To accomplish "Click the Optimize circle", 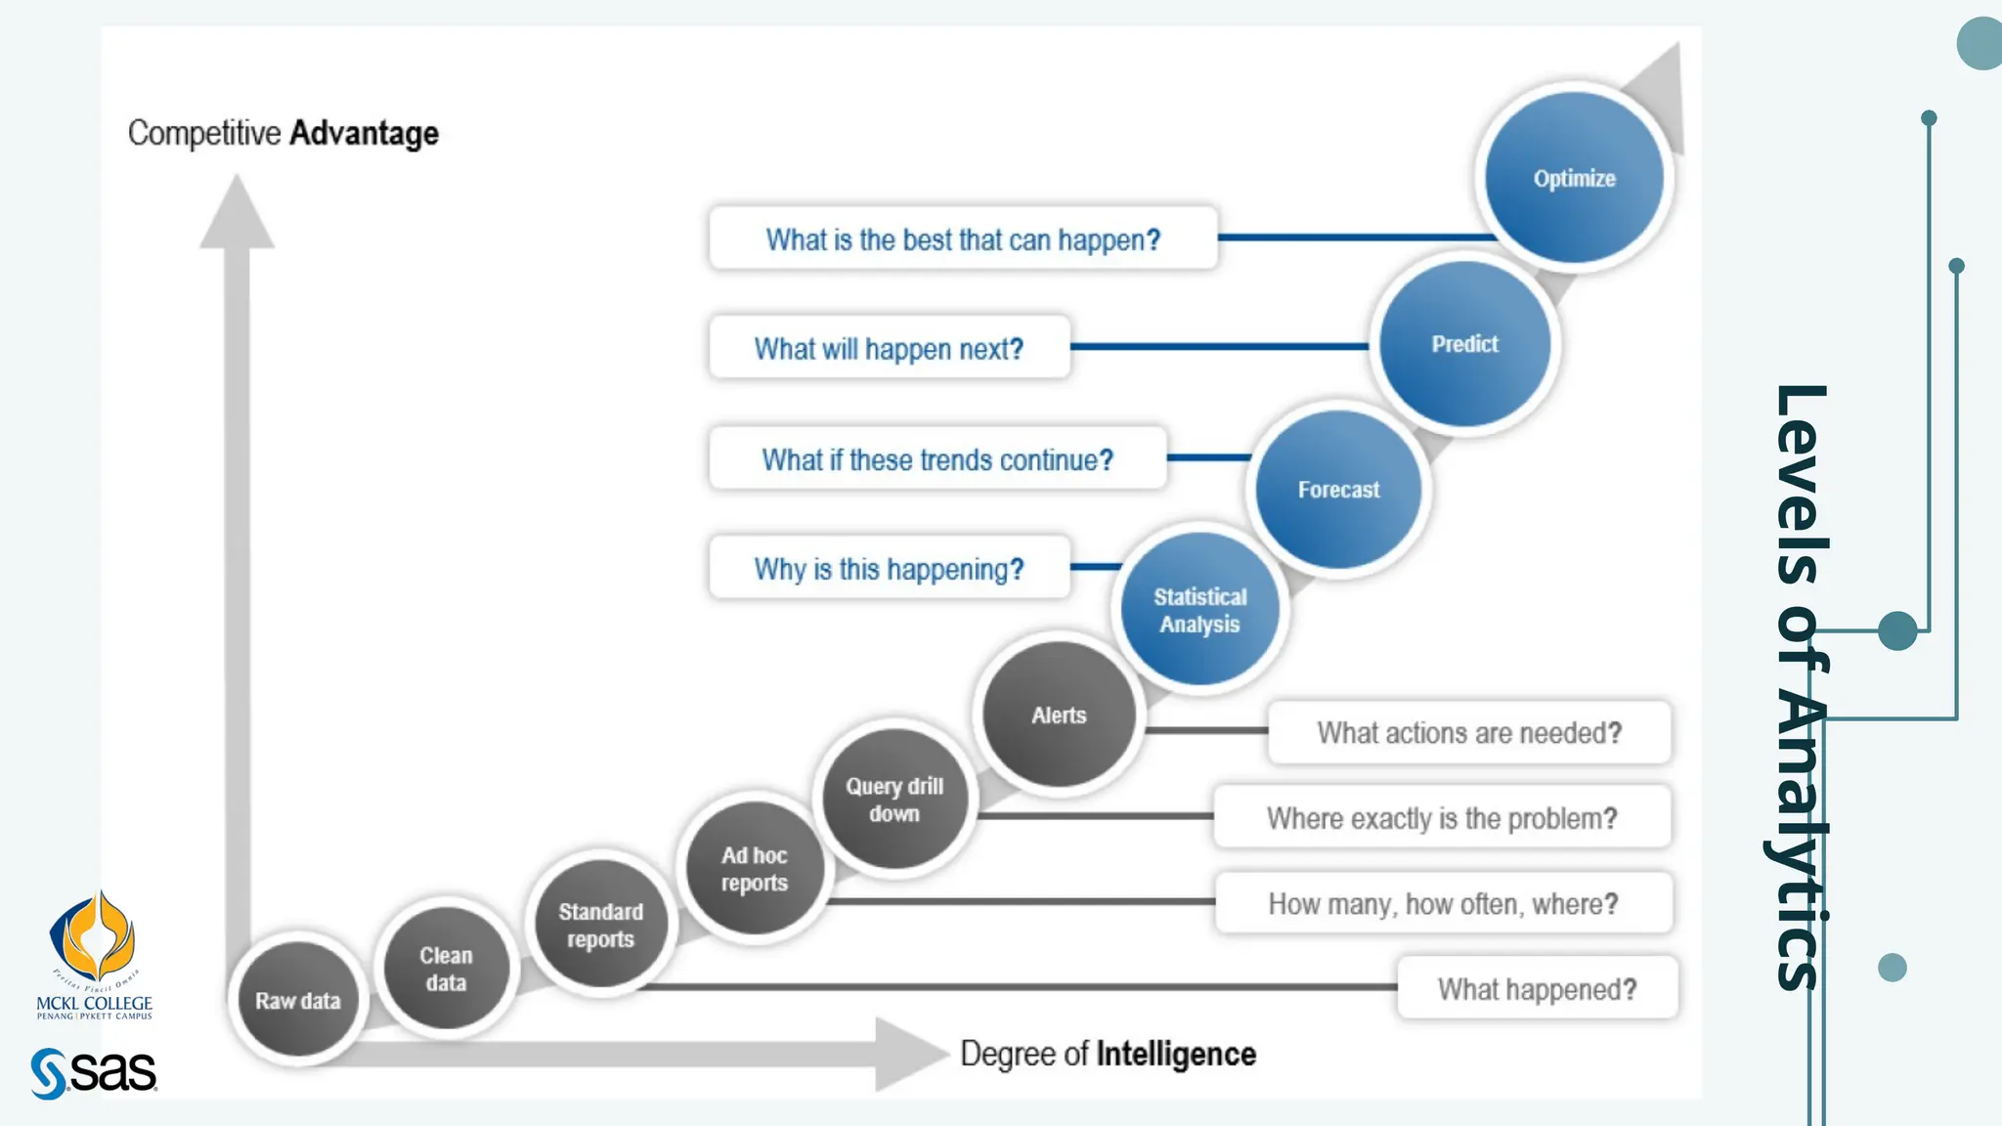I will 1574,178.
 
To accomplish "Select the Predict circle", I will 1464,344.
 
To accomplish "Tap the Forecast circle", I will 1338,489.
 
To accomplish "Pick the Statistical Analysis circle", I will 1199,610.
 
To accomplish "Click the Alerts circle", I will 1059,715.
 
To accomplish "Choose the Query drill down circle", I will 893,799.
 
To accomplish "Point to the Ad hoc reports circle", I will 754,868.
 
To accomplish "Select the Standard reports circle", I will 600,925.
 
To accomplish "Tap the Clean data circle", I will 446,968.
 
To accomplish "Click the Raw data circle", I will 297,1000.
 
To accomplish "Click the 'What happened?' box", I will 1537,989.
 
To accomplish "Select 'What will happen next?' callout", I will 889,348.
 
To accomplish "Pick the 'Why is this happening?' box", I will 889,568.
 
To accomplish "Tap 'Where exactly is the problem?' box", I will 1442,817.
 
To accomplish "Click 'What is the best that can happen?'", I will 963,238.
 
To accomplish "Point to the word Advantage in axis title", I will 364,133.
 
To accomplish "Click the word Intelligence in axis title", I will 1176,1054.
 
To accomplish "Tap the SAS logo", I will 94,1073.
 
